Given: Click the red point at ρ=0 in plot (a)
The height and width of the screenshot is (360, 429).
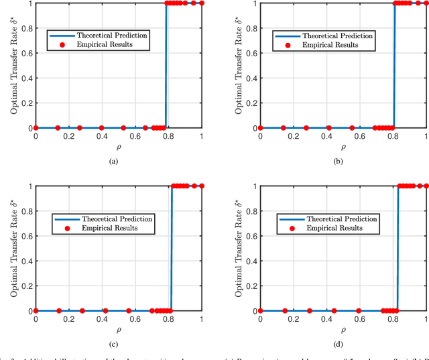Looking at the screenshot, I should tap(36, 127).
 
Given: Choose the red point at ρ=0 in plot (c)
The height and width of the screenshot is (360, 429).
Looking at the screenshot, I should tap(36, 310).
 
